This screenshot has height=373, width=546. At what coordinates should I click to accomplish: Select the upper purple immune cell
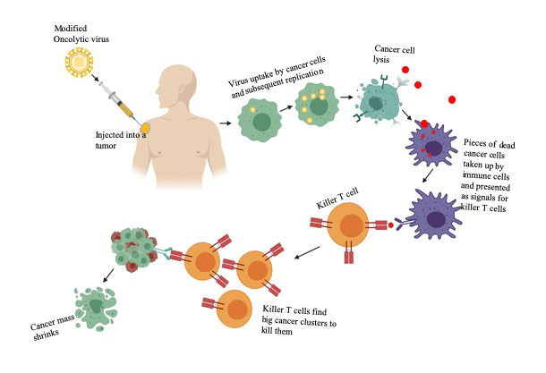(432, 146)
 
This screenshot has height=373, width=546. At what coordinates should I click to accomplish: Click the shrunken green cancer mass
(101, 301)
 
